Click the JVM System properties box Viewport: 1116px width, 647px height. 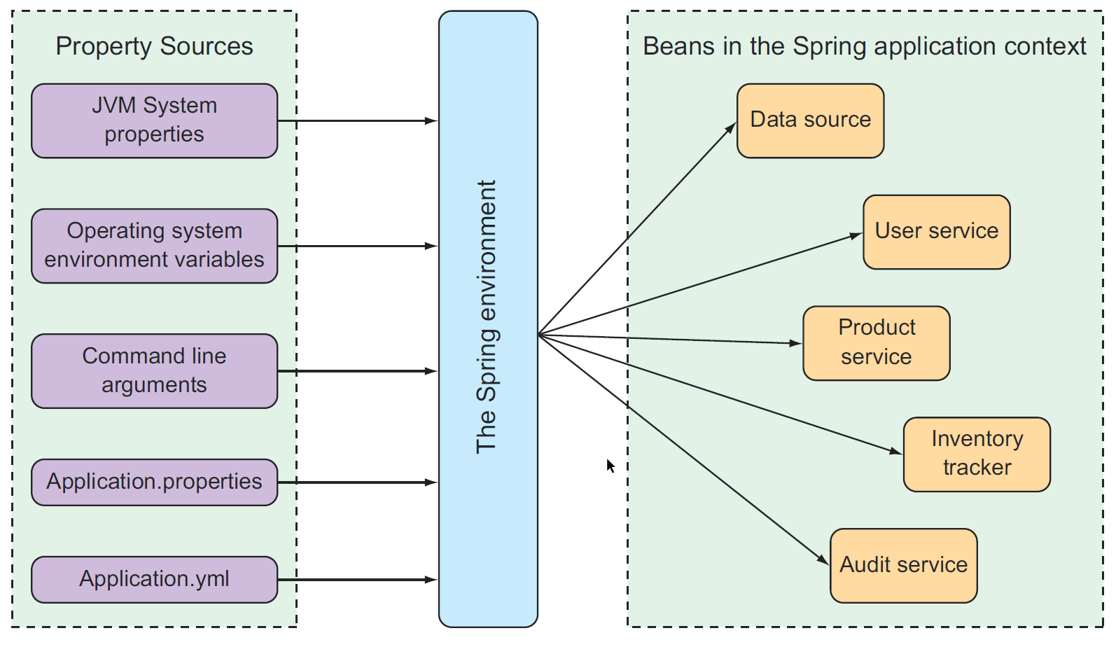coord(154,120)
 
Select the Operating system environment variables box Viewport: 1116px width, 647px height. coord(154,246)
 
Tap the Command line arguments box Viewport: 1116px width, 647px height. coord(154,370)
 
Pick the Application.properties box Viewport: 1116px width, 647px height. coord(154,482)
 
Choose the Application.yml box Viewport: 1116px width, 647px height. coord(154,579)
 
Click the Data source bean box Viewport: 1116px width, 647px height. coord(810,120)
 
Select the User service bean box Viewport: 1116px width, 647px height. coord(936,232)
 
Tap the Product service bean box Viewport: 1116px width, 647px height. coord(876,343)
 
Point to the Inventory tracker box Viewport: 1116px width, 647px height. coord(977,454)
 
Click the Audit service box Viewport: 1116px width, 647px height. coord(903,565)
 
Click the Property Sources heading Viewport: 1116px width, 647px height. coord(154,46)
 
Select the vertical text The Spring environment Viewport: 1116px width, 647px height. coord(487,317)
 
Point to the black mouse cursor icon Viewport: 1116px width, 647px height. coord(610,466)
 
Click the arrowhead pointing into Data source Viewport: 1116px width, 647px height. coord(731,128)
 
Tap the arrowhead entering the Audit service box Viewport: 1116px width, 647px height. coord(824,559)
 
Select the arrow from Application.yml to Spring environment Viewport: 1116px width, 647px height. coord(357,580)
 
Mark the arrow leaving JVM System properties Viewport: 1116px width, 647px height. coord(357,121)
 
